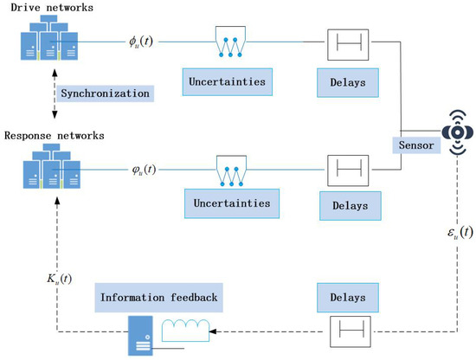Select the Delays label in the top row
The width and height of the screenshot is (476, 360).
(x=346, y=81)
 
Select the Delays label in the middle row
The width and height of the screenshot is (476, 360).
(x=346, y=206)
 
